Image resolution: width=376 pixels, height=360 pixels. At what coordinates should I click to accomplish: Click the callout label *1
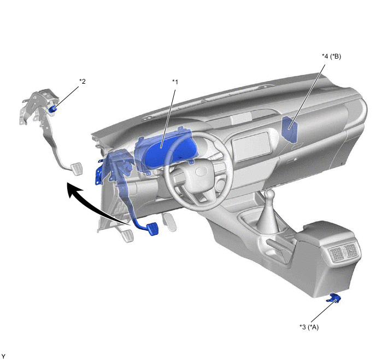(x=175, y=82)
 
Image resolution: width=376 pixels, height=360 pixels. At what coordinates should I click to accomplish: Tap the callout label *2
(x=83, y=82)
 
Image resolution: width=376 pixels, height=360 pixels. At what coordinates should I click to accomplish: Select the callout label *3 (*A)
(x=309, y=327)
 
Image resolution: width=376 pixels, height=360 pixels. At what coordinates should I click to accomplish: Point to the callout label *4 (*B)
(x=331, y=56)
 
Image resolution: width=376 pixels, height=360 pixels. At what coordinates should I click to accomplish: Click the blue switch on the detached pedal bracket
(x=52, y=109)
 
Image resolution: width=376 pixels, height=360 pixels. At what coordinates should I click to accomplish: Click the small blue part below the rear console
(x=333, y=298)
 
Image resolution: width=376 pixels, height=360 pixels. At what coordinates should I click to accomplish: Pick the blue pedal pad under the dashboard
(x=152, y=229)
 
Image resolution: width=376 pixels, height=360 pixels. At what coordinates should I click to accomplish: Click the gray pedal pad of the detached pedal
(x=77, y=169)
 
